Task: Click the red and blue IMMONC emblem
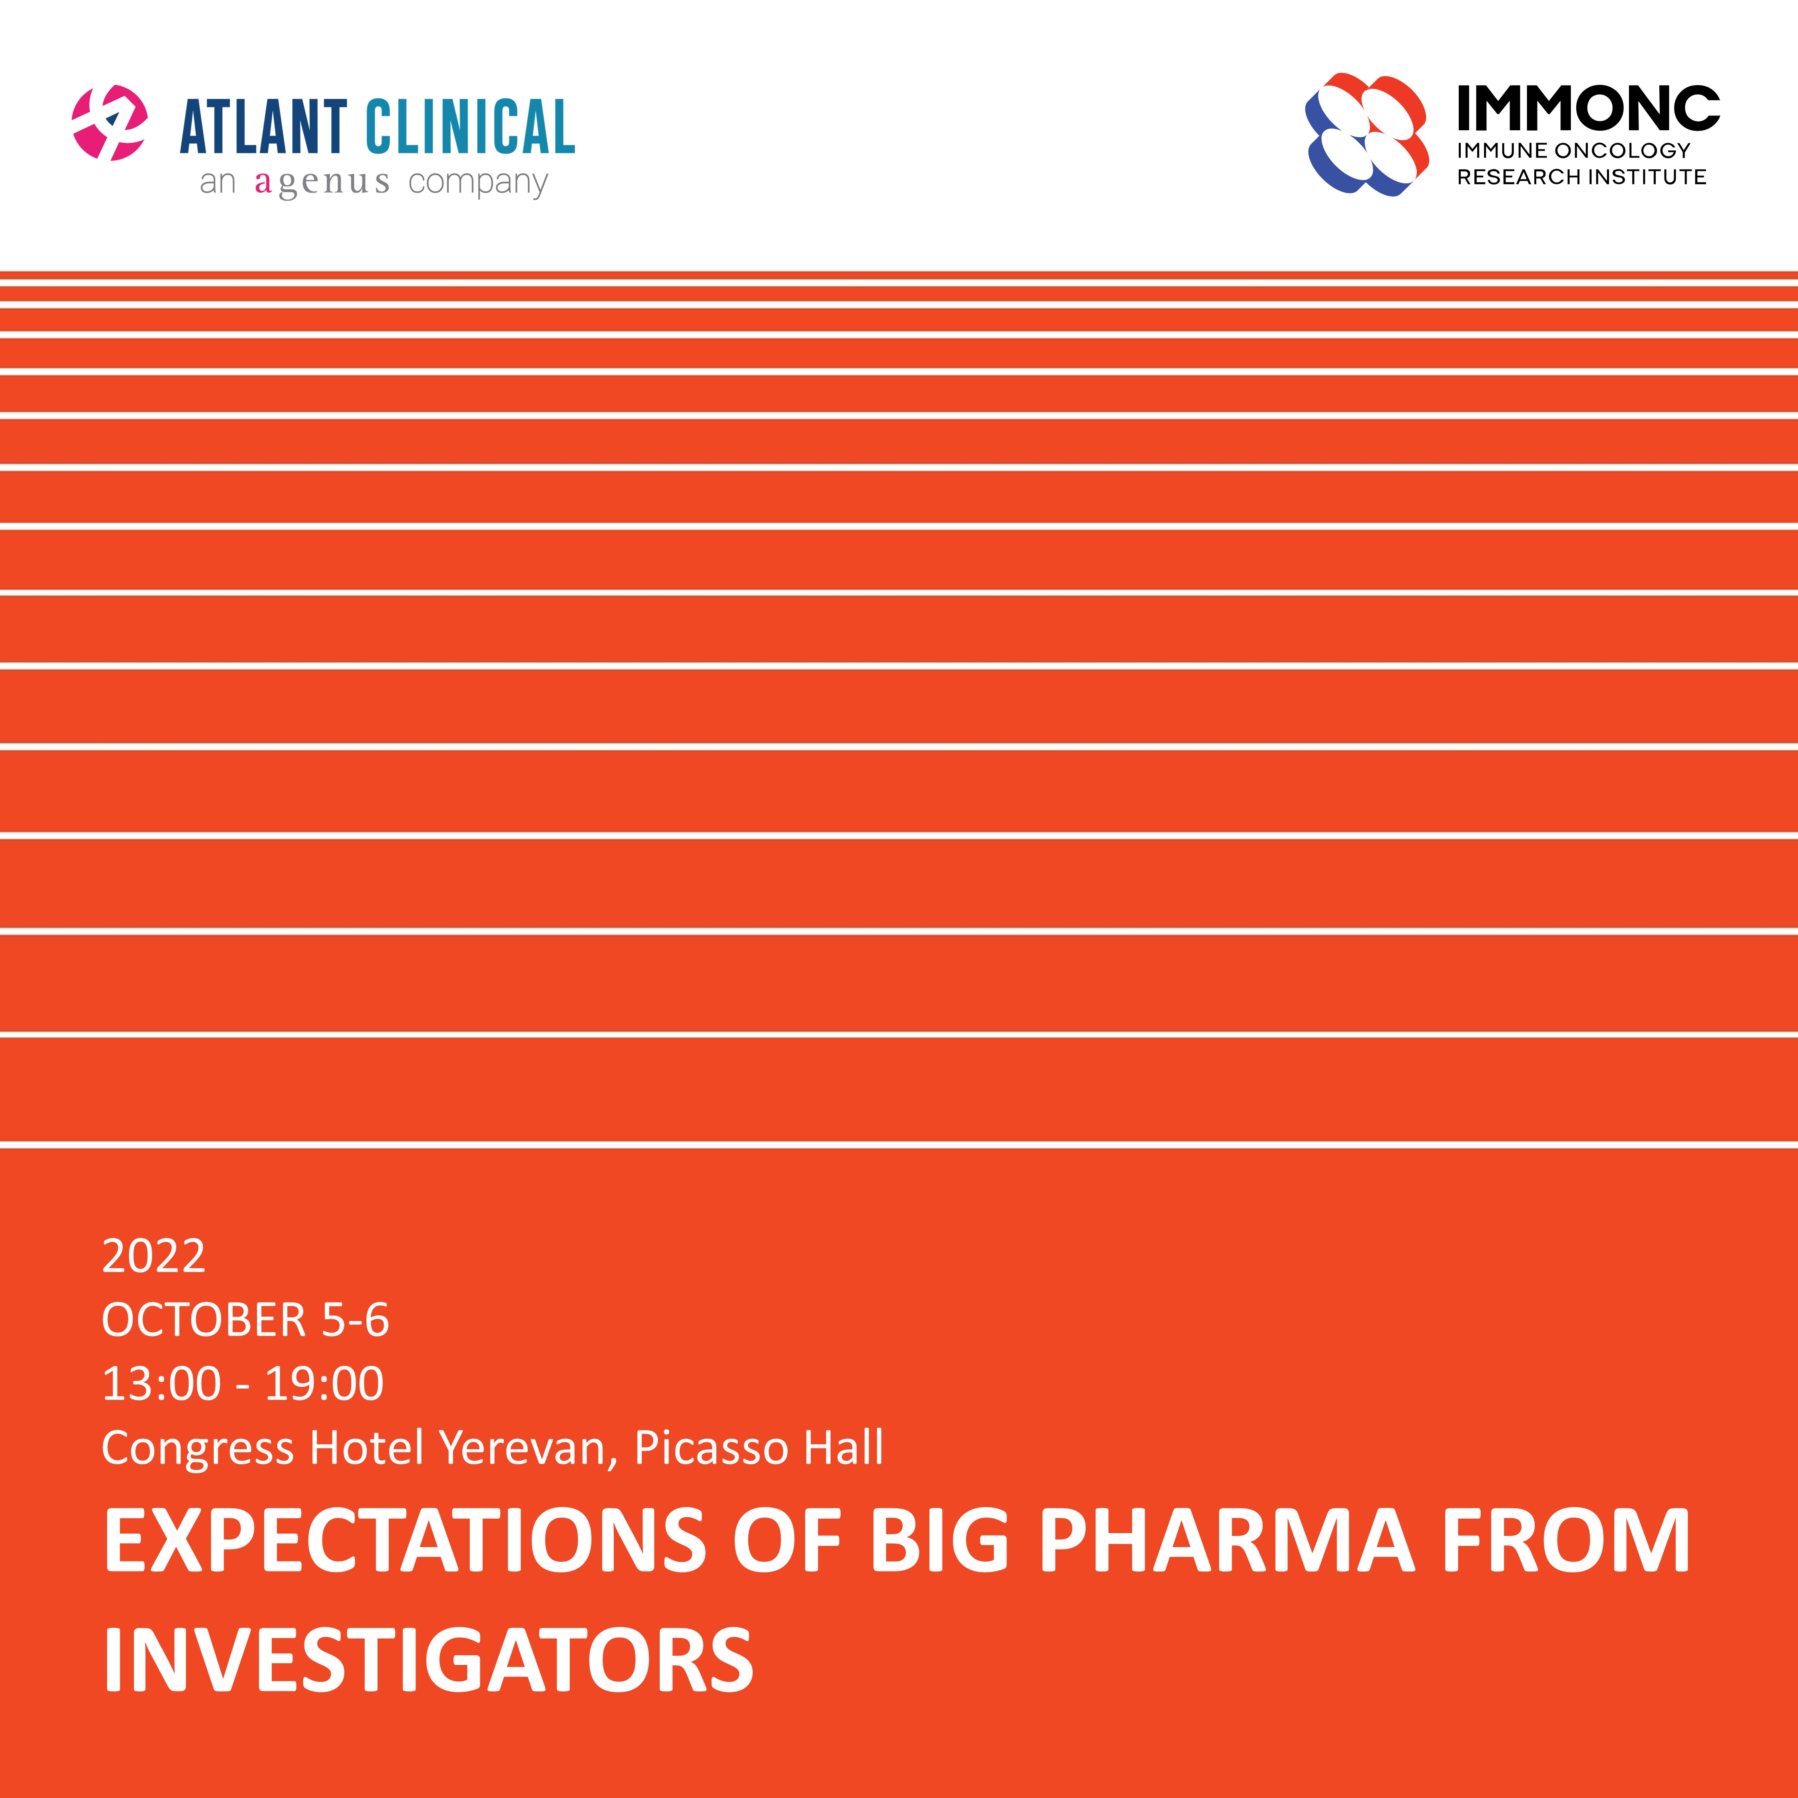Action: (x=1366, y=134)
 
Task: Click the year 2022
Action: (x=153, y=1256)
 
